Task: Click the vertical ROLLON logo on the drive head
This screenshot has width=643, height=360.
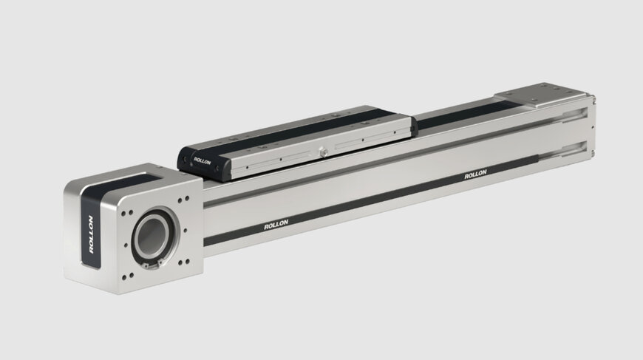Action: (x=91, y=234)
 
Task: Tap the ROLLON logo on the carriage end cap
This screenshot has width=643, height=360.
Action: (x=203, y=161)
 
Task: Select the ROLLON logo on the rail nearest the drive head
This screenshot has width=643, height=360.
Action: (x=276, y=225)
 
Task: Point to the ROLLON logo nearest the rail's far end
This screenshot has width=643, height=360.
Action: (x=475, y=174)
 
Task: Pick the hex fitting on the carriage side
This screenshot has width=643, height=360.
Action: (x=324, y=152)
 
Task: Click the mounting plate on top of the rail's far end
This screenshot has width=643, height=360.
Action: (x=542, y=95)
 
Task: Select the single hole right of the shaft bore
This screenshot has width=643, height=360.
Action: (x=186, y=231)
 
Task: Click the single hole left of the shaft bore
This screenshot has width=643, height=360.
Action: (x=125, y=245)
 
